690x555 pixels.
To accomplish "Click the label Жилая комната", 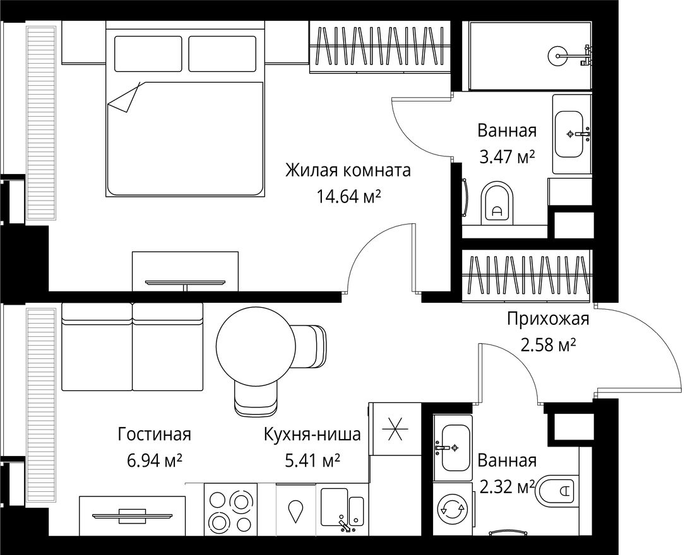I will [x=348, y=171].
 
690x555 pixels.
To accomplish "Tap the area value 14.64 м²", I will [x=348, y=198].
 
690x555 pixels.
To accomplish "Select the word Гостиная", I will [x=154, y=435].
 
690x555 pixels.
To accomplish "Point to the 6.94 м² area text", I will [x=154, y=461].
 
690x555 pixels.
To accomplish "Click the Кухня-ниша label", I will [x=312, y=435].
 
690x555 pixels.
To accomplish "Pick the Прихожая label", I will [x=547, y=319].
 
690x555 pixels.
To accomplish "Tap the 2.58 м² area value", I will [x=547, y=346].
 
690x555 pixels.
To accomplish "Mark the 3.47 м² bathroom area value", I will [x=507, y=158].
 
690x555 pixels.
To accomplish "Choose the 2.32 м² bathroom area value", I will [x=507, y=486].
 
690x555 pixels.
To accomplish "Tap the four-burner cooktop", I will [x=230, y=510].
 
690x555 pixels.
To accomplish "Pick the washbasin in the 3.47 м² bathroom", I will [x=571, y=134].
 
